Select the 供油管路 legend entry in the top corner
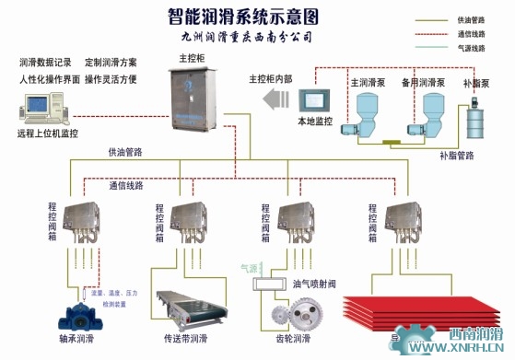(471, 19)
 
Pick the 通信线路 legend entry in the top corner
(471, 34)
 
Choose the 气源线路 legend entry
(471, 49)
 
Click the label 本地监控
(314, 121)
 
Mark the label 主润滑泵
(367, 81)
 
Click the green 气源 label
(250, 269)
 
